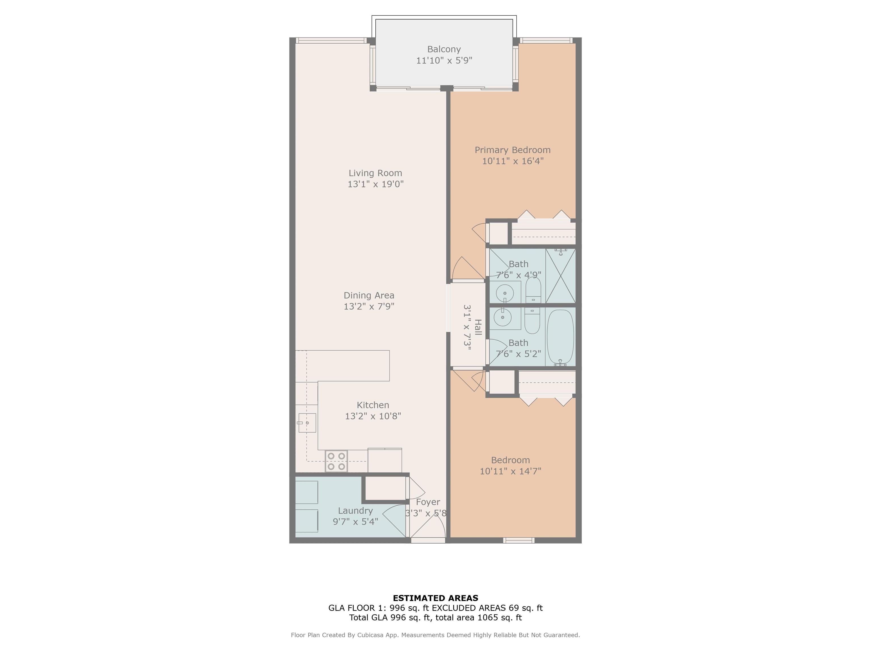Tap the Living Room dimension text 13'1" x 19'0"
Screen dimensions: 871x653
(375, 184)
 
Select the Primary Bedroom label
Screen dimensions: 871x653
(512, 150)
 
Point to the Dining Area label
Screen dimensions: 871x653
(369, 295)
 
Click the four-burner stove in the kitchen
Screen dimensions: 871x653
(336, 461)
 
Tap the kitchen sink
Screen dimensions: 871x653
(307, 423)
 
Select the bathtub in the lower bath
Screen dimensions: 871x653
(560, 336)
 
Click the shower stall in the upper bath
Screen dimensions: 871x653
(560, 276)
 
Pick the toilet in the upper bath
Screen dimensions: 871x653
(533, 290)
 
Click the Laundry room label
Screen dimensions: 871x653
(355, 510)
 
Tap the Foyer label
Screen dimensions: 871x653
(428, 502)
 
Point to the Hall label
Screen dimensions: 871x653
(478, 327)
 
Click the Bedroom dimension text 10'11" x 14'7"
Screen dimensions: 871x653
(510, 471)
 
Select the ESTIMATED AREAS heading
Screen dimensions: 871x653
(435, 598)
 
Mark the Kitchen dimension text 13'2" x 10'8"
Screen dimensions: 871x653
(373, 416)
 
